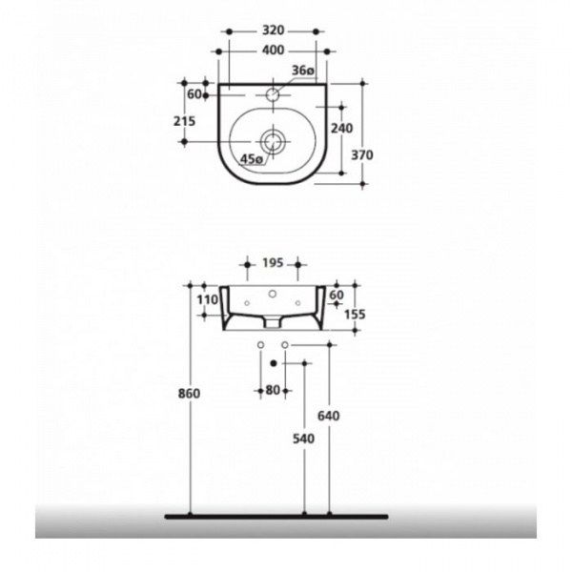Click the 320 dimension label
[273, 31]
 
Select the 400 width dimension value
[273, 50]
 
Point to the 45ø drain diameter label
[252, 159]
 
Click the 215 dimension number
[185, 120]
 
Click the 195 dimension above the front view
[273, 262]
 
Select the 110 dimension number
[208, 299]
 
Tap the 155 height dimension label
[355, 314]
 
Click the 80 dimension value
[274, 389]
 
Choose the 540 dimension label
[304, 443]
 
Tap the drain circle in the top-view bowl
[274, 141]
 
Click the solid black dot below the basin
[274, 362]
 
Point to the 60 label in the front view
[337, 296]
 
